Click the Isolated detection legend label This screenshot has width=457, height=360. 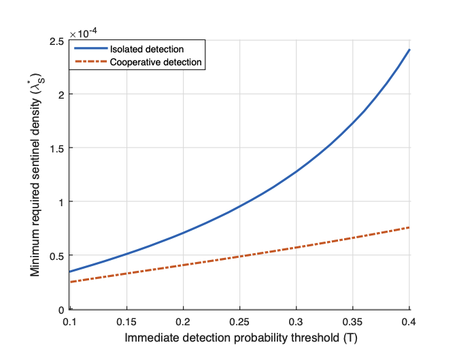click(x=147, y=50)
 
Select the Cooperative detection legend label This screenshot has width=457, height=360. click(x=157, y=62)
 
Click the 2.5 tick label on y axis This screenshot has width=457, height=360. click(x=57, y=42)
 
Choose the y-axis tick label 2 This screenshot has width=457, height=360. click(x=61, y=95)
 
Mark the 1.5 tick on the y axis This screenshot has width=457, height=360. click(x=57, y=148)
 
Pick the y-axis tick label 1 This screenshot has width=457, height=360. click(x=61, y=202)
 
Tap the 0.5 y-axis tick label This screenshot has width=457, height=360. click(x=57, y=256)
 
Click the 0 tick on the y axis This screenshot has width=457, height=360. click(x=61, y=310)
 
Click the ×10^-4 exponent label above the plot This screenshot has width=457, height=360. click(x=84, y=33)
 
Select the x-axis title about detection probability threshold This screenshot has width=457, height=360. click(x=239, y=337)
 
